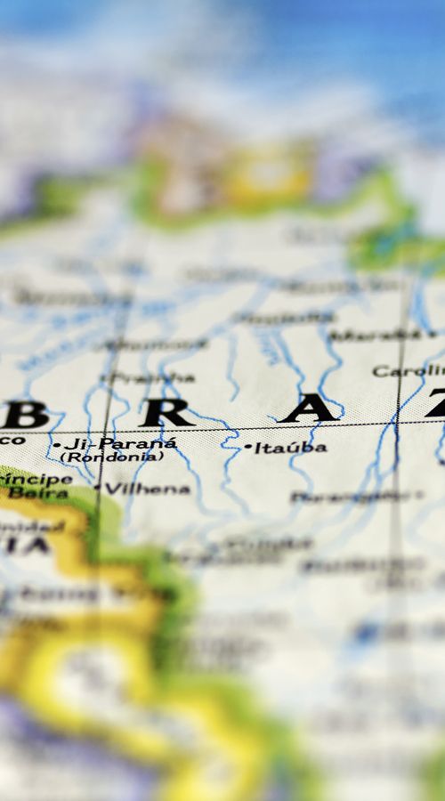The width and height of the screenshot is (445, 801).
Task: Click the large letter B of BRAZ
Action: coord(26,414)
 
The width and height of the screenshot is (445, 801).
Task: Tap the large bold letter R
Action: coord(166,412)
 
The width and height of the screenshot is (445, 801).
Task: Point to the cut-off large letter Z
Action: coord(436,405)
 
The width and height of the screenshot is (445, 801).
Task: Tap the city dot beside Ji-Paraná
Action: coord(56,443)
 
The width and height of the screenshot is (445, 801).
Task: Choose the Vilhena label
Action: coord(148,489)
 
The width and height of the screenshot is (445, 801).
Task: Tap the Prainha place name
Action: coord(151,377)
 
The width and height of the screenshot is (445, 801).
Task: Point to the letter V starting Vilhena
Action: coord(111,489)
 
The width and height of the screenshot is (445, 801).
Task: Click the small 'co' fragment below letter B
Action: coord(13,440)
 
